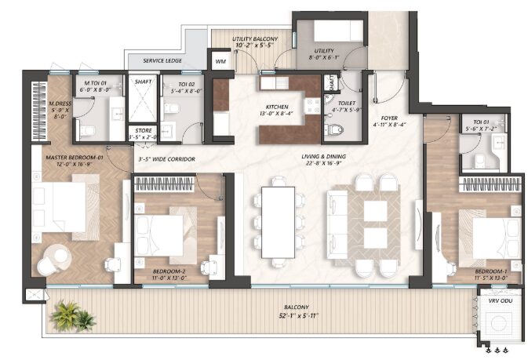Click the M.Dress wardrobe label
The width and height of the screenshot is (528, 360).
click(x=53, y=110)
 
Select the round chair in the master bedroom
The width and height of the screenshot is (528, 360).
click(x=54, y=258)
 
